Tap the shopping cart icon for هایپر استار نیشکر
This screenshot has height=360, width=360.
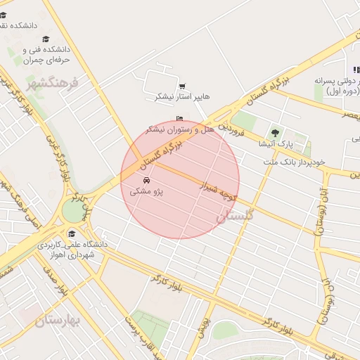pyautogui.click(x=182, y=86)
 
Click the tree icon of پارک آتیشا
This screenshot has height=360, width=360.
pyautogui.click(x=275, y=133)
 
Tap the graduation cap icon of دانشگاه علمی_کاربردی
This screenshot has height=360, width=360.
pyautogui.click(x=71, y=234)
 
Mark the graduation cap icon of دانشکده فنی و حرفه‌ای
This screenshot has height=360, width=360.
pyautogui.click(x=46, y=39)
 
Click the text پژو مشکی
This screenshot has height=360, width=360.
pyautogui.click(x=150, y=191)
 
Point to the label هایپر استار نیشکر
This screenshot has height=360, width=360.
pyautogui.click(x=183, y=96)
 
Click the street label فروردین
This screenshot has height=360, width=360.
pyautogui.click(x=230, y=129)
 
